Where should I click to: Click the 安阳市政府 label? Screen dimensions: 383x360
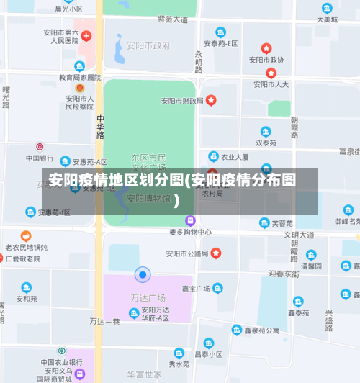pyautogui.click(x=148, y=45)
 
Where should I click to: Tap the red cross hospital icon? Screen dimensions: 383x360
pyautogui.click(x=86, y=35)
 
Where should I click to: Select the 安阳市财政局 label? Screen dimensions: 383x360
pyautogui.click(x=182, y=100)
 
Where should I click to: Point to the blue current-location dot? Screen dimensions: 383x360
pyautogui.click(x=143, y=274)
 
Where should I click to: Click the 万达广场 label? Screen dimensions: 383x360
pyautogui.click(x=148, y=297)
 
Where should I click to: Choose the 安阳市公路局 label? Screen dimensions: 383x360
pyautogui.click(x=187, y=253)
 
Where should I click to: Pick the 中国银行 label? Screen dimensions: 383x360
pyautogui.click(x=40, y=158)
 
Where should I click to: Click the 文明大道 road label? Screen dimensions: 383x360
pyautogui.click(x=299, y=235)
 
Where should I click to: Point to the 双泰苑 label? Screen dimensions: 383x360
pyautogui.click(x=266, y=143)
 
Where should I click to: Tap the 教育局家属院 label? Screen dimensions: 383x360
pyautogui.click(x=80, y=77)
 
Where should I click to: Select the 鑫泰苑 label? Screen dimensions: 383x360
pyautogui.click(x=298, y=313)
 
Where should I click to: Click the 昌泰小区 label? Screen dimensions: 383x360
pyautogui.click(x=208, y=354)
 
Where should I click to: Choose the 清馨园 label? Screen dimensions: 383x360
pyautogui.click(x=311, y=266)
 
